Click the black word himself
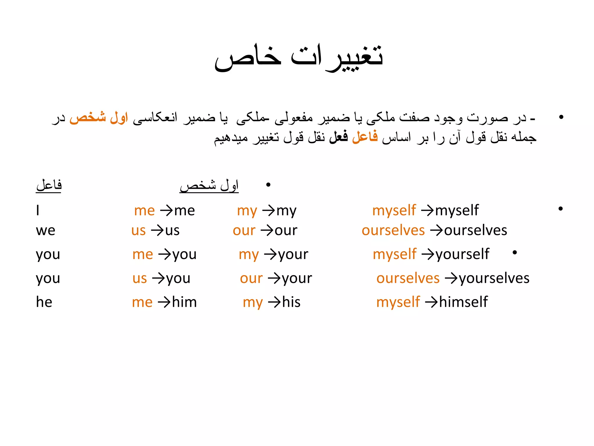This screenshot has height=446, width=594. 463,302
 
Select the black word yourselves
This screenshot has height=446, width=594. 494,278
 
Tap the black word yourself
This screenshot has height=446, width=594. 462,254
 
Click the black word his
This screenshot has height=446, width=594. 291,302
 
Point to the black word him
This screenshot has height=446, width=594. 184,302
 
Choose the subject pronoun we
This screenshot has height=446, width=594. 46,231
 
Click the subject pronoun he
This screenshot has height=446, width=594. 44,302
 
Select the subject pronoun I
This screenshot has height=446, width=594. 38,210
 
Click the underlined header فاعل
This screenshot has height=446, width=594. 49,185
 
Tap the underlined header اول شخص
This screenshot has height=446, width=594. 209,185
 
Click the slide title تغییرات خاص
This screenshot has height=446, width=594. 299,57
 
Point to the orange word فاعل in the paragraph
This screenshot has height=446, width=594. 365,136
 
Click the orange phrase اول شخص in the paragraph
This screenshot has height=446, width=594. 99,117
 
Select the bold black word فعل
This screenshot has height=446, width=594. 338,136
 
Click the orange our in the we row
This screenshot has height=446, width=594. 244,231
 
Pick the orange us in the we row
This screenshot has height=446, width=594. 138,231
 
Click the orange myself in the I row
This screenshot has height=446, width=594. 394,210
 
